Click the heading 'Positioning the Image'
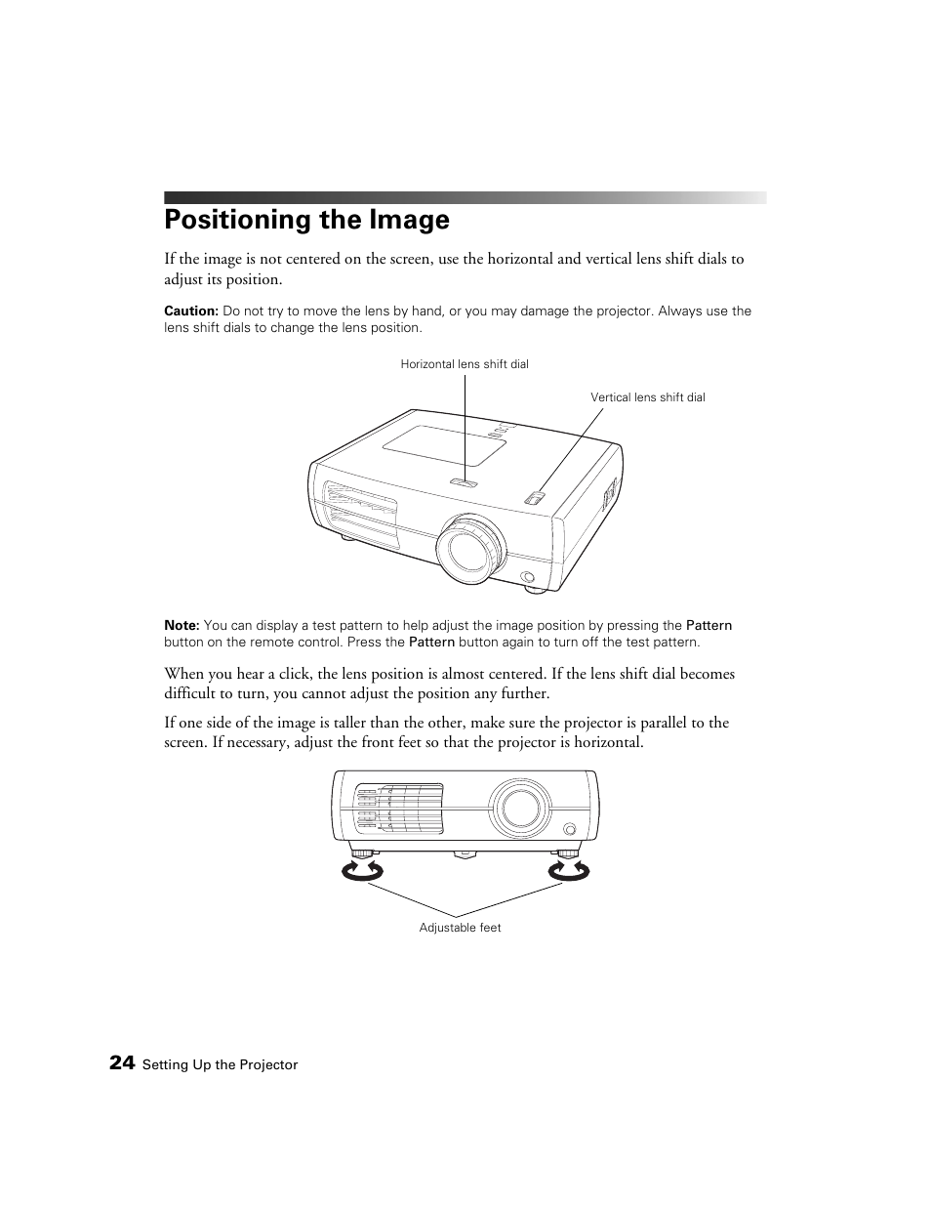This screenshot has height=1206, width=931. pos(306,220)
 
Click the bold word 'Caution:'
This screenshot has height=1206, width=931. pos(190,312)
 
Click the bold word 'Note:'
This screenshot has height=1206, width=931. pos(182,626)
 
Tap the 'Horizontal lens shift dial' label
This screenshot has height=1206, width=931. pos(465,364)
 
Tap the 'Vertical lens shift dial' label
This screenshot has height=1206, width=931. pos(647,397)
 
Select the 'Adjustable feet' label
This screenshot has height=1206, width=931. pos(460,928)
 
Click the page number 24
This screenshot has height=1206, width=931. pos(122,1062)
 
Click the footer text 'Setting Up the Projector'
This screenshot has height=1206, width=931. pos(220,1065)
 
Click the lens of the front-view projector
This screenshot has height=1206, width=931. pos(519,807)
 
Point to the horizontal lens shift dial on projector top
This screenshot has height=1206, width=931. pos(465,482)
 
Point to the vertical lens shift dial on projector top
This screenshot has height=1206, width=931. pos(534,498)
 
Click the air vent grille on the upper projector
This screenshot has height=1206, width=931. pos(360,514)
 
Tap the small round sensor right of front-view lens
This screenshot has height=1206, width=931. pos(570,829)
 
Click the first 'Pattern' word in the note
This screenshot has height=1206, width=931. pos(708,626)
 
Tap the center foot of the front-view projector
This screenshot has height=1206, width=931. pos(465,853)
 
